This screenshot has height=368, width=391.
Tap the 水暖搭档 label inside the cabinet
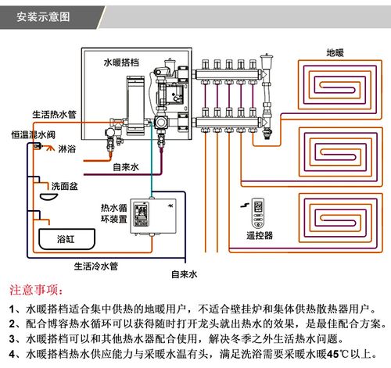[125, 61]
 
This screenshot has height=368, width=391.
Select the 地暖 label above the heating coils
[335, 53]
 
